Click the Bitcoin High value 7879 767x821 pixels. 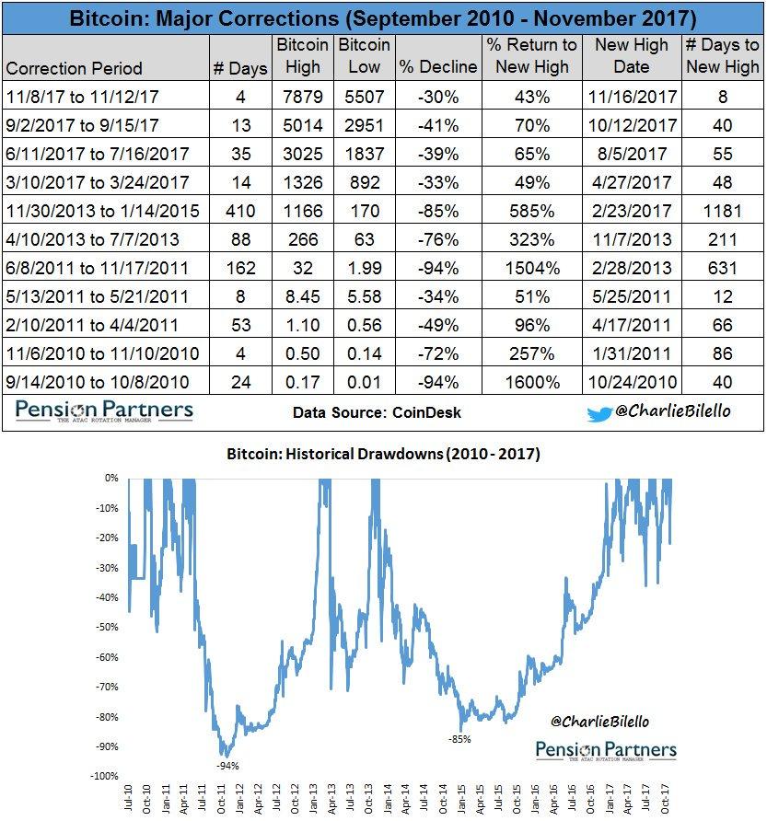(303, 95)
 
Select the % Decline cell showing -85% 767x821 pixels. (437, 210)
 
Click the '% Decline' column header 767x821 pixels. (437, 66)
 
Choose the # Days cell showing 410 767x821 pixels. (240, 210)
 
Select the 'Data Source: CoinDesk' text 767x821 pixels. (377, 412)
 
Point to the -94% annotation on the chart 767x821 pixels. (227, 764)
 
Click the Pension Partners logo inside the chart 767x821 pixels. (605, 751)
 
